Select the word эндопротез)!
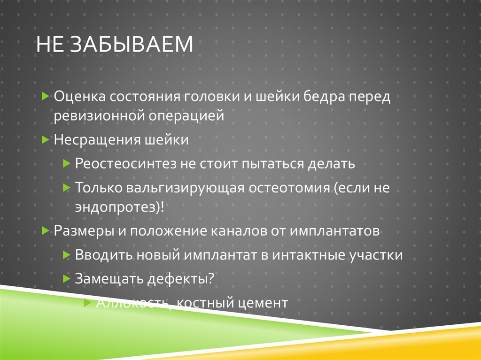pos(119,207)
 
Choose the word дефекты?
pos(183,279)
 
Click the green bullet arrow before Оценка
pos(45,96)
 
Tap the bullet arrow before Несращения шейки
pos(45,139)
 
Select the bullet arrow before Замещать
pos(66,278)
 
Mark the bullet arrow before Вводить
pos(66,254)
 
